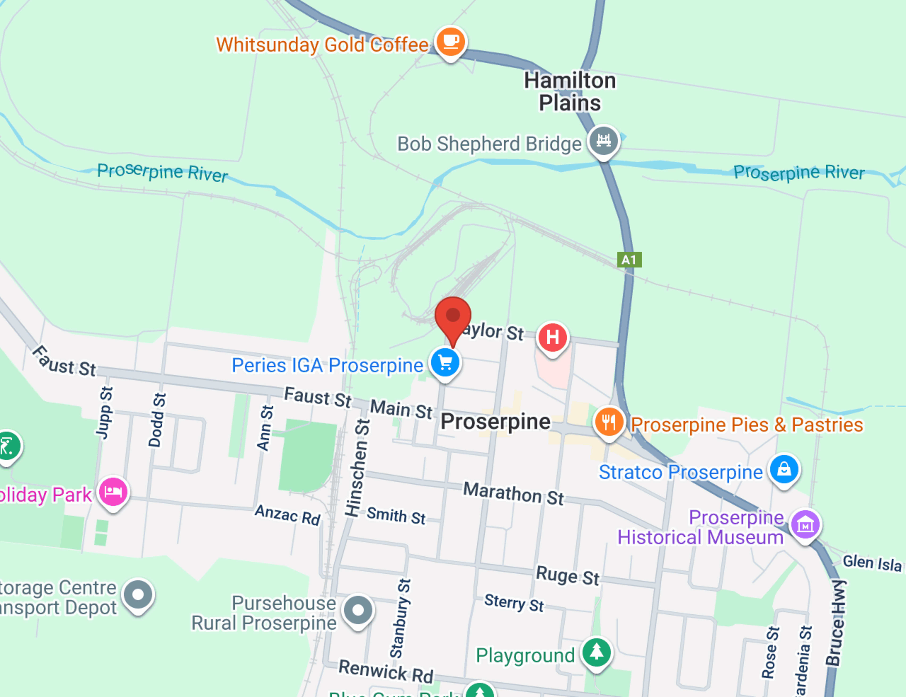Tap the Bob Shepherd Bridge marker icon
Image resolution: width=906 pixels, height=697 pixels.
(604, 141)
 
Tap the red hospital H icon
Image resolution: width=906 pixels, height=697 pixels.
(552, 337)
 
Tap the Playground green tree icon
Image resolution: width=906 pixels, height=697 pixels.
(596, 652)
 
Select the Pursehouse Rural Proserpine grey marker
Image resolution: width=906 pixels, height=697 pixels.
(358, 610)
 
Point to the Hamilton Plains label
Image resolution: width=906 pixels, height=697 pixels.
(570, 92)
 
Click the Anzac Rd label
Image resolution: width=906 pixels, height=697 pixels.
(287, 515)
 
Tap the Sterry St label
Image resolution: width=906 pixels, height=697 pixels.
(514, 602)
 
